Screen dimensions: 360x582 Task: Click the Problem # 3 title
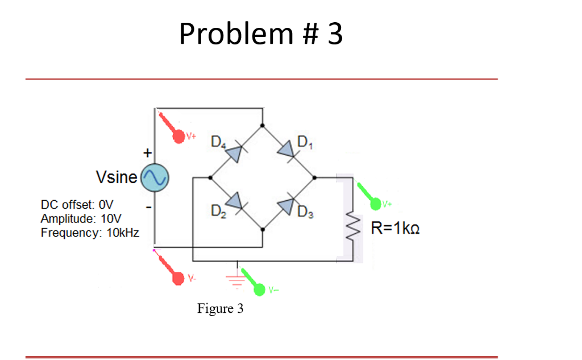(261, 34)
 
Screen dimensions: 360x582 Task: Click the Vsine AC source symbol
(154, 178)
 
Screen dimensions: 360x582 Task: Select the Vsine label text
(117, 177)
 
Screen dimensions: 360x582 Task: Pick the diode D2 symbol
(236, 202)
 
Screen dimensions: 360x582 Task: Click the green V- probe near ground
(259, 290)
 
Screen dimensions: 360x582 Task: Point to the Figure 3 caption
(220, 309)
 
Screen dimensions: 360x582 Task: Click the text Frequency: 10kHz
(90, 233)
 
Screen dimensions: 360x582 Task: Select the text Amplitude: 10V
(81, 218)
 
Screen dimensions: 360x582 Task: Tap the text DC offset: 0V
(77, 204)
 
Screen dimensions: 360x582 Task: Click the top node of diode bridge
(262, 126)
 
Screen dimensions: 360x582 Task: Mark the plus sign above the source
(147, 153)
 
